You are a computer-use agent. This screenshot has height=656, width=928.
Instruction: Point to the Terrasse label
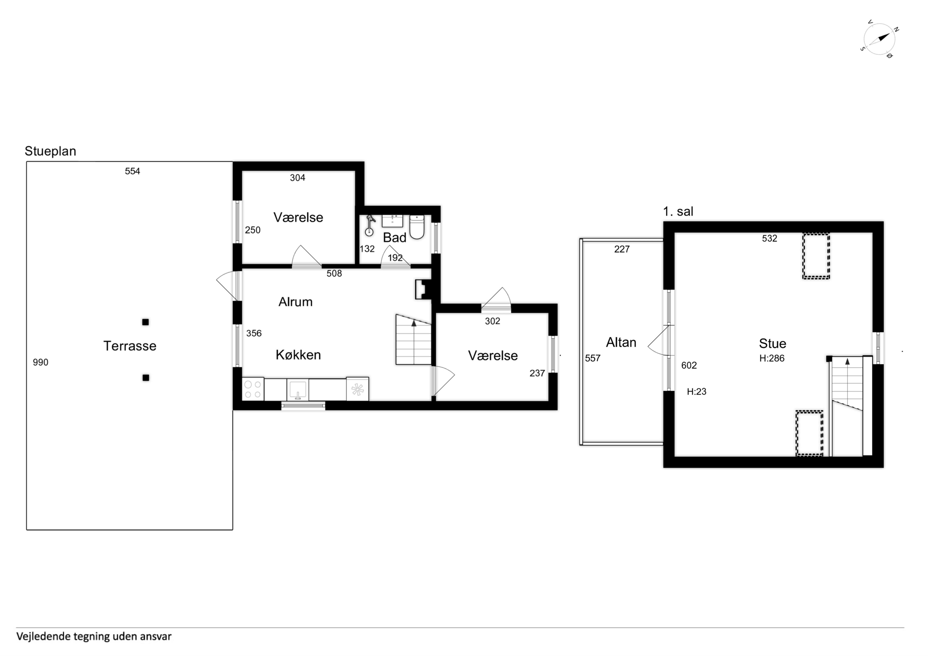pos(130,346)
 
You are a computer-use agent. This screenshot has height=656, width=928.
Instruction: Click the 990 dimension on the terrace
pos(40,362)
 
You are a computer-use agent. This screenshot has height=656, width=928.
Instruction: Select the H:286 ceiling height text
pos(772,358)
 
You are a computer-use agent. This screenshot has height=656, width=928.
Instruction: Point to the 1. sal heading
pos(678,211)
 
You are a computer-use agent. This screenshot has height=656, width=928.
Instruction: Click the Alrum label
pos(295,302)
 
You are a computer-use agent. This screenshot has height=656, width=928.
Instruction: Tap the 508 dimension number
pos(334,274)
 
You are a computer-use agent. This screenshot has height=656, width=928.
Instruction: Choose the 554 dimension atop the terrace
pos(133,171)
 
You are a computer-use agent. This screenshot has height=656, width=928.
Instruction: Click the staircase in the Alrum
pos(413,340)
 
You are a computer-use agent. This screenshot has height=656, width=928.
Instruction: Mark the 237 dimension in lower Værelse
pos(537,373)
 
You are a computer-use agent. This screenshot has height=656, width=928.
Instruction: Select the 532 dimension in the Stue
pos(770,239)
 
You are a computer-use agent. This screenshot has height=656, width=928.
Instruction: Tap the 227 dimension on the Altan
pos(622,249)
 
